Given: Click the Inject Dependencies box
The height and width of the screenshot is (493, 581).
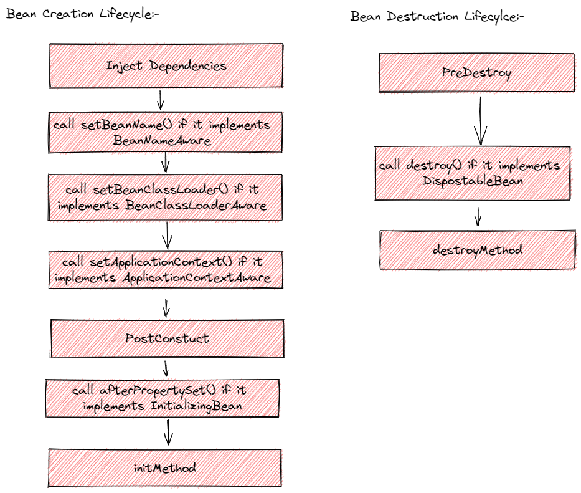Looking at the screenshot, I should [x=166, y=65].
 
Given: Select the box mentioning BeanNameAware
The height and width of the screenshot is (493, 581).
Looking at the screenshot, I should [x=166, y=133].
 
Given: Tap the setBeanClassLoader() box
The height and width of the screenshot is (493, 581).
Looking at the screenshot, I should [x=166, y=197].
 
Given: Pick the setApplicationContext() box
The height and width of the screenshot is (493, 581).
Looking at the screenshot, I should [x=166, y=269].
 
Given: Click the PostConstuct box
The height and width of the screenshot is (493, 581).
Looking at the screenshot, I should [x=167, y=338].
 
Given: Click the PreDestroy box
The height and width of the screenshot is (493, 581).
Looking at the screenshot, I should [x=476, y=73].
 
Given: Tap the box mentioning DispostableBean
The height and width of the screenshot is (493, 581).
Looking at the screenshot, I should [x=472, y=173].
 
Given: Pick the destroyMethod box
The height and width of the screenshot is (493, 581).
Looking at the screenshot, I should [x=477, y=250].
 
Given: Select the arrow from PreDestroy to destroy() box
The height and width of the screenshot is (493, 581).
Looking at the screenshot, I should [x=479, y=119].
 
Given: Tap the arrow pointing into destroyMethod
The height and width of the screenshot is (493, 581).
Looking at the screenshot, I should [x=478, y=216].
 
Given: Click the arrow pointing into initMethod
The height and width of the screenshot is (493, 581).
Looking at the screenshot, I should [x=168, y=431].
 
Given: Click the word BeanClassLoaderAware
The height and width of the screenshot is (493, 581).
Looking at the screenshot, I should [x=196, y=205].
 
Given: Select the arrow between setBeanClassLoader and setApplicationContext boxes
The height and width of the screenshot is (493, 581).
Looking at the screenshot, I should [x=167, y=236].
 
